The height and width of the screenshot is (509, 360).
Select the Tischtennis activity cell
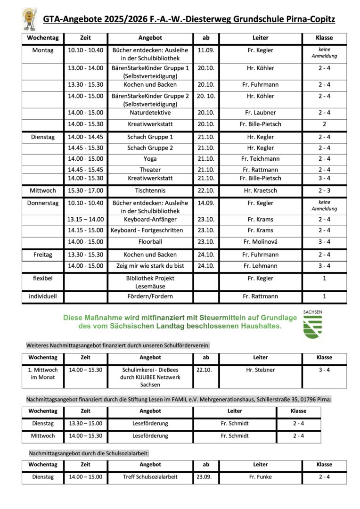click(150, 191)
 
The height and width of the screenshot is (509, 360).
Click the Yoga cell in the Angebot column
click(150, 159)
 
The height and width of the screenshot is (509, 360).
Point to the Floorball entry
click(150, 242)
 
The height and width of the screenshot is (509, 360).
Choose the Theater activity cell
click(150, 170)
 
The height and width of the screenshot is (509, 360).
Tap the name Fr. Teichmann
click(260, 159)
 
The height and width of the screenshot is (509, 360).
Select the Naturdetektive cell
click(150, 113)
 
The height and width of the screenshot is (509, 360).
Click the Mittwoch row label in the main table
click(43, 191)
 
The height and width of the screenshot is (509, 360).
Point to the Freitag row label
click(43, 254)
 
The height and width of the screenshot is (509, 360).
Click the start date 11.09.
click(206, 50)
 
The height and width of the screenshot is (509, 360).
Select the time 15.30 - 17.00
click(85, 191)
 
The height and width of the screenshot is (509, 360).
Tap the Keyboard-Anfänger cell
click(150, 219)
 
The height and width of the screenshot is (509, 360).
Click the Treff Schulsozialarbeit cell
click(150, 477)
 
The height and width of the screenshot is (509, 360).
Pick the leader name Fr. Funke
click(260, 477)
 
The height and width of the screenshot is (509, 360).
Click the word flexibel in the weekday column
click(43, 278)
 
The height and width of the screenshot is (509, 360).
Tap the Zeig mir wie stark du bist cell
click(150, 266)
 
